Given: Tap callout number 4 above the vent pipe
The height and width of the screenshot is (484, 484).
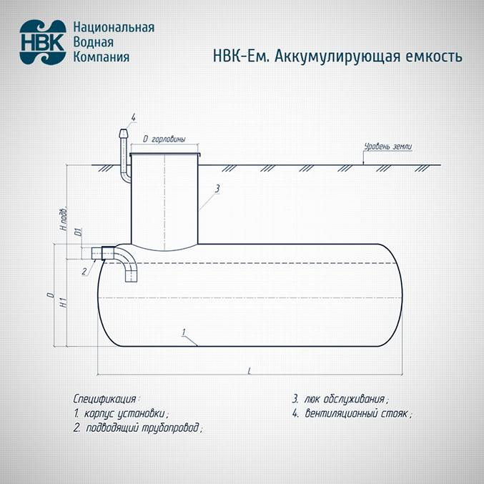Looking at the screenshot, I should click(x=133, y=117).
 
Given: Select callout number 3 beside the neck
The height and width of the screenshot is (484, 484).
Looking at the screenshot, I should click(x=217, y=188).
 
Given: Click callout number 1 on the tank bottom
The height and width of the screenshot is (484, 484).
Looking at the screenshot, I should click(x=184, y=332).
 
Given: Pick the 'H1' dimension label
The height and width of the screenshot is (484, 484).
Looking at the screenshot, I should click(x=64, y=303).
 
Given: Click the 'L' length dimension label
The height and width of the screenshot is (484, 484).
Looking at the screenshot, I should click(x=248, y=371).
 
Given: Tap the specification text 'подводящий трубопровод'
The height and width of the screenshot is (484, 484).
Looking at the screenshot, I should click(x=143, y=428).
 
